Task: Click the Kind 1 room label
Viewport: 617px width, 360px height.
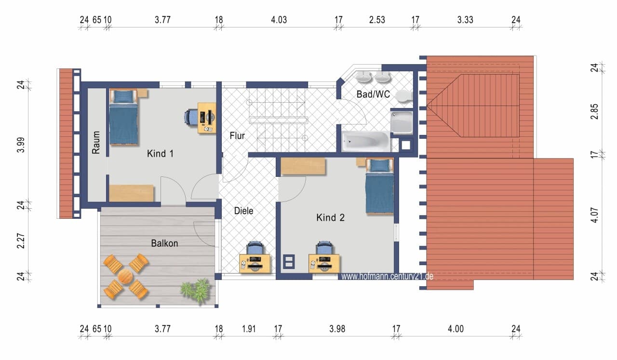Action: click(x=160, y=153)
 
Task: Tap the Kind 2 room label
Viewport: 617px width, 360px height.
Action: click(x=330, y=218)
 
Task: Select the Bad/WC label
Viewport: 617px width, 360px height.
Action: click(x=373, y=94)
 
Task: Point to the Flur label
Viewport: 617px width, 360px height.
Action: click(x=237, y=135)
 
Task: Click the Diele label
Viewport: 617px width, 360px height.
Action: click(x=243, y=211)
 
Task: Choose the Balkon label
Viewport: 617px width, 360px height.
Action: click(x=164, y=243)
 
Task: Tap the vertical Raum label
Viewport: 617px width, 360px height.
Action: click(x=96, y=142)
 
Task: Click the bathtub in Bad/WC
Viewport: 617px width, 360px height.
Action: click(x=366, y=142)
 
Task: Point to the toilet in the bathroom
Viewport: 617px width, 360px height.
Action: click(x=404, y=96)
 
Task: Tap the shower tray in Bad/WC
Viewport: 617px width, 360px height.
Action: click(x=402, y=122)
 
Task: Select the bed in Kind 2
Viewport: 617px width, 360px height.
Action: click(x=379, y=186)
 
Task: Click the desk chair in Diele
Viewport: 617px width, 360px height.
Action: click(x=255, y=248)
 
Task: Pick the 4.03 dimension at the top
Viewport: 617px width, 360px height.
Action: click(x=279, y=20)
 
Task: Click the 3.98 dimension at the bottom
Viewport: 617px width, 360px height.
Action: click(x=337, y=329)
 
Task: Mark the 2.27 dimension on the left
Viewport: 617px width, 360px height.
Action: click(x=21, y=241)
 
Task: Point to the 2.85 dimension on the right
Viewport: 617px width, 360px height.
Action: click(x=594, y=111)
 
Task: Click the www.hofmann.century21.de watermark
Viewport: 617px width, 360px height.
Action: click(x=387, y=276)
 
